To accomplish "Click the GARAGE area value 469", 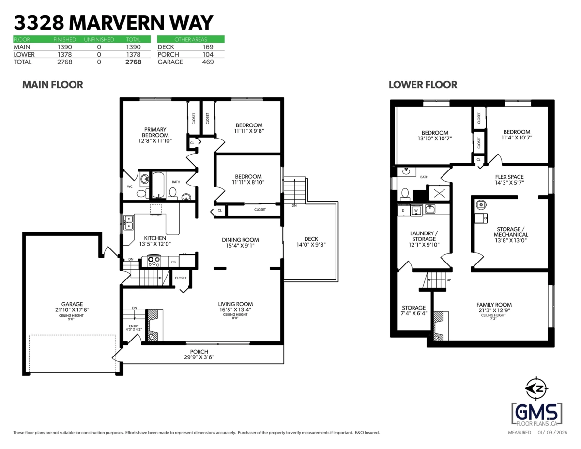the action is (208, 62).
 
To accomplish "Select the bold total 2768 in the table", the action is (134, 62).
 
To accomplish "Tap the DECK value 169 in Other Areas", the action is (208, 47).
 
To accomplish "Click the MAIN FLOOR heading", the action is (53, 85).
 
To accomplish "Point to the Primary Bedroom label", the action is (155, 135).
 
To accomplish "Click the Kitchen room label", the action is (155, 241).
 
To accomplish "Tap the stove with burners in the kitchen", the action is (154, 261).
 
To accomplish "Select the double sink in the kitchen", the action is (129, 222).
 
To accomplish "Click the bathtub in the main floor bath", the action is (158, 185).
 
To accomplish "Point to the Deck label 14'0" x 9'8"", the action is (311, 242).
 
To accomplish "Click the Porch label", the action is (199, 355).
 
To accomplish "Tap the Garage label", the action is (72, 307).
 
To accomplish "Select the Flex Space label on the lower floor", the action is (509, 180).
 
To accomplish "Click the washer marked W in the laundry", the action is (416, 211).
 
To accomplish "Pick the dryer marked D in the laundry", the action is (403, 211).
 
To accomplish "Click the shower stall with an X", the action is (439, 193).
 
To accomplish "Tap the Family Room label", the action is (494, 308).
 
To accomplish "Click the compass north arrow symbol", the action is (536, 388).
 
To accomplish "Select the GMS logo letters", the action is (536, 413).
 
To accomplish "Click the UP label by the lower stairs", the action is (449, 280).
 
